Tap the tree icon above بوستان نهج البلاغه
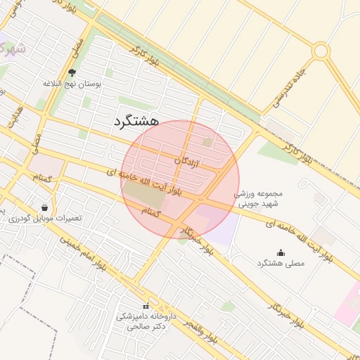(72, 72)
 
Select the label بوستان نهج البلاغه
(72, 83)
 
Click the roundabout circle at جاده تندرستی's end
(321, 51)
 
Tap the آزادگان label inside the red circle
(187, 162)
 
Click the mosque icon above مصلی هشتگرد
(281, 253)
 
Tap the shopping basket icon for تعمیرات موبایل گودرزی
(46, 208)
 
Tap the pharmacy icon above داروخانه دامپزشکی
(146, 307)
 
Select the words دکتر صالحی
(146, 327)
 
